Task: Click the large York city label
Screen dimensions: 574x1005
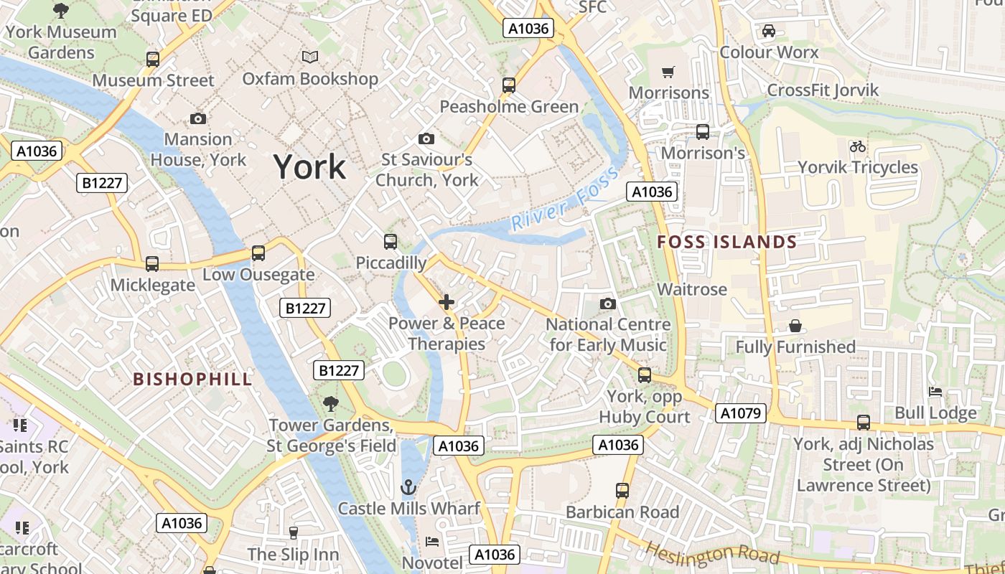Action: (309, 166)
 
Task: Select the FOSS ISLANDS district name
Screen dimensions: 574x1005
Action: (727, 242)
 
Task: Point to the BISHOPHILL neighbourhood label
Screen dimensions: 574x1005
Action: (193, 379)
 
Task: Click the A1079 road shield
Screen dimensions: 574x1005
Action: (741, 413)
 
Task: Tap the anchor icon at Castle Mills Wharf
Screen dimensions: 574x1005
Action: (408, 488)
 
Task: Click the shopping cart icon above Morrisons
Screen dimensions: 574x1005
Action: (668, 72)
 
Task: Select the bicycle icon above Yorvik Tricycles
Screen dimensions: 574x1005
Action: (857, 146)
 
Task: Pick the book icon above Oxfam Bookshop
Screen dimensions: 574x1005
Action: (310, 57)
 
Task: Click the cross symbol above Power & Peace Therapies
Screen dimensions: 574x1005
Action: (447, 302)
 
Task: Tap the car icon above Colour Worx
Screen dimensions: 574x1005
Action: (768, 31)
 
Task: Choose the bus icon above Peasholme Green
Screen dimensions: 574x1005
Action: (509, 85)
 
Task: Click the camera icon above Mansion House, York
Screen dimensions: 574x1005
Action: (198, 118)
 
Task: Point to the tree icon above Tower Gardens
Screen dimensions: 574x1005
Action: (330, 404)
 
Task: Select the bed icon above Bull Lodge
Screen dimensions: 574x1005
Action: (935, 392)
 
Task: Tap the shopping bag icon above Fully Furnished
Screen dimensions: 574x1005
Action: (795, 326)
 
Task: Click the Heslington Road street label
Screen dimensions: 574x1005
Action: (712, 552)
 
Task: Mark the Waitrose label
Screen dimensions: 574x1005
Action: (692, 289)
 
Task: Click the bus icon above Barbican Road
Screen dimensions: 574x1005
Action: (622, 491)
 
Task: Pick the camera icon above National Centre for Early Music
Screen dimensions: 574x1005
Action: (608, 304)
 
